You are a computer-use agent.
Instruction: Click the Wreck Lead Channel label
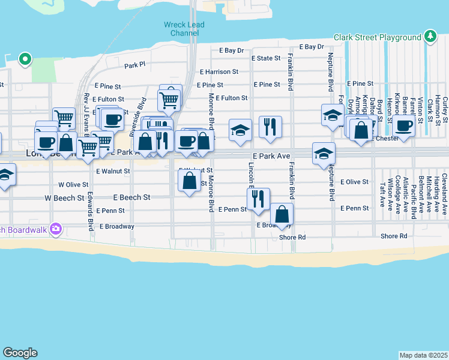click(x=184, y=29)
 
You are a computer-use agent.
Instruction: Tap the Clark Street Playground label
click(x=378, y=37)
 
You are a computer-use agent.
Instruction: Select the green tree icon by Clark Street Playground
click(x=430, y=37)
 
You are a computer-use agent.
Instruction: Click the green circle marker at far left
click(x=25, y=59)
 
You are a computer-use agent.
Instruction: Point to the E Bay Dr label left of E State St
click(x=232, y=50)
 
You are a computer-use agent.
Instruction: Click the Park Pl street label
click(x=135, y=65)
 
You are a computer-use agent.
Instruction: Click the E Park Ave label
click(x=276, y=155)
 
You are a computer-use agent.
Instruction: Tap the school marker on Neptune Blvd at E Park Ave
click(x=324, y=153)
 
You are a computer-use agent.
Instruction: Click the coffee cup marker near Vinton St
click(x=405, y=126)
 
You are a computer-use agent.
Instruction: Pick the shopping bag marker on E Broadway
click(x=282, y=214)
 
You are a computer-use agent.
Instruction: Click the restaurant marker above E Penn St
click(x=258, y=199)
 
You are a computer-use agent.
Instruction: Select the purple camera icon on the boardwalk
click(x=56, y=228)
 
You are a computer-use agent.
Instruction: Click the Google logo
click(x=20, y=353)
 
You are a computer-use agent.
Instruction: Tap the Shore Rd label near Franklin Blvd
click(x=293, y=237)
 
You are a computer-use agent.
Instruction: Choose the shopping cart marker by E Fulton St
click(x=169, y=99)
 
